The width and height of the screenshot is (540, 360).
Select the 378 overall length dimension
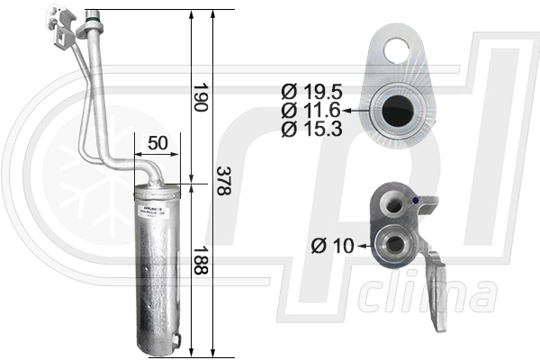220,183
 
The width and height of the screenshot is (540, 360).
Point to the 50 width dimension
157,143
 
